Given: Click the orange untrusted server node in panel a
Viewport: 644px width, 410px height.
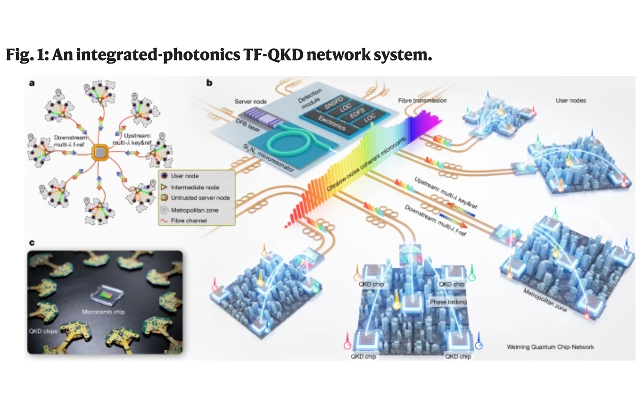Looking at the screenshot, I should [100, 153].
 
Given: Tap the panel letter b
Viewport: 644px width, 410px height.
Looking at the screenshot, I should [209, 83].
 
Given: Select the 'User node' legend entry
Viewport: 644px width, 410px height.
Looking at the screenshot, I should [185, 176].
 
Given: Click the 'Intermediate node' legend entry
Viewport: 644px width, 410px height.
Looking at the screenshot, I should [195, 187].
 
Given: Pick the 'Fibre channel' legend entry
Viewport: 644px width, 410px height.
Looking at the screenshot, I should [189, 221].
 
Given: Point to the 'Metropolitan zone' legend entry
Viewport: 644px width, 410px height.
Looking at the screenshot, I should [195, 210].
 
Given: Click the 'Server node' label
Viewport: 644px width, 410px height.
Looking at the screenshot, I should [251, 101].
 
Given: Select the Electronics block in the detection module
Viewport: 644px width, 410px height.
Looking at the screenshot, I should [332, 123].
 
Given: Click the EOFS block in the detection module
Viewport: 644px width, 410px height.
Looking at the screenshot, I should [357, 113].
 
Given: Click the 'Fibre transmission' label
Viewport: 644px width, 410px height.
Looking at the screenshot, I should [422, 100].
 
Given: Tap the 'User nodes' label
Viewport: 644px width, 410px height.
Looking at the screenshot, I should [571, 100].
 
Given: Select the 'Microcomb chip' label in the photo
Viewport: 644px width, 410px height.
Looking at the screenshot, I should [103, 312].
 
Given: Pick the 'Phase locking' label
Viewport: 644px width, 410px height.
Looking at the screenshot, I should [448, 302].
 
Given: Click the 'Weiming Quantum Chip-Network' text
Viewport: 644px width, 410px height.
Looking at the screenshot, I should [550, 347].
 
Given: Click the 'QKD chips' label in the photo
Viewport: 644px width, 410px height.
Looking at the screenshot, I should [43, 331].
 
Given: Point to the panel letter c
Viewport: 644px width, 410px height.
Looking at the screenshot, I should [32, 242].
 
